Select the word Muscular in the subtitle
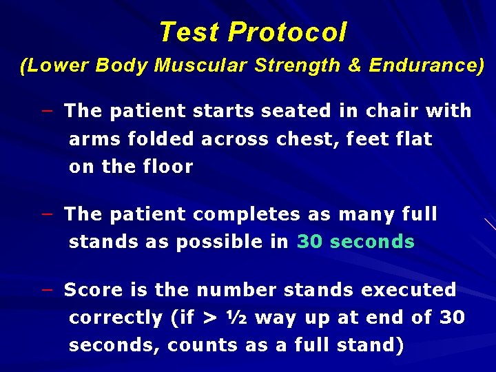205,65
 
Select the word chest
309,139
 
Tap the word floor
169,167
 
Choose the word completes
247,214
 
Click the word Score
92,290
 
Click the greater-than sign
209,318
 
